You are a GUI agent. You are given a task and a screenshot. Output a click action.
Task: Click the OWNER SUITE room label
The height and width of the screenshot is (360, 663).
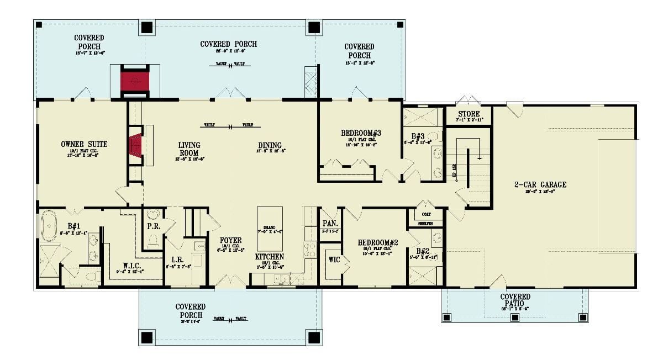84,144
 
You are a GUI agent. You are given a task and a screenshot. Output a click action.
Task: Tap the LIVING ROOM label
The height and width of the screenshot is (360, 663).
189,149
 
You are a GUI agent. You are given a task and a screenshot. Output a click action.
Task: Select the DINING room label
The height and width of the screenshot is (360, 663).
270,146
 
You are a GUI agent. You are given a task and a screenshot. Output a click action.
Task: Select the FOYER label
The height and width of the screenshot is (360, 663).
230,241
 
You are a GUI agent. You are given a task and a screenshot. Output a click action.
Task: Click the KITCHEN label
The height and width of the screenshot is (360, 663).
270,257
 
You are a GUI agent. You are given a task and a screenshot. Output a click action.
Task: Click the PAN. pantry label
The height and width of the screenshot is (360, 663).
330,224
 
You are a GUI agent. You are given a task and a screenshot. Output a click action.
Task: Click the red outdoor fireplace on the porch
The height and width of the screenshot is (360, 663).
135,81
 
